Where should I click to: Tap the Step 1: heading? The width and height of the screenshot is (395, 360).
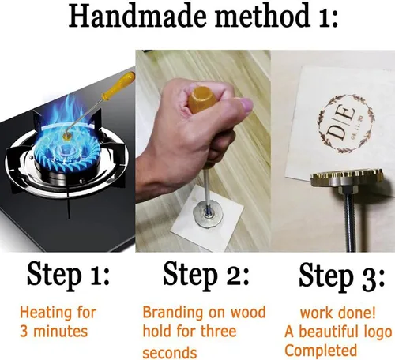tap(68, 276)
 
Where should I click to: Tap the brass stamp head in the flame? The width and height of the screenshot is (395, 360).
tap(68, 137)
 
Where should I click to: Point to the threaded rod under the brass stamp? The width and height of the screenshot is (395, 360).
tap(348, 219)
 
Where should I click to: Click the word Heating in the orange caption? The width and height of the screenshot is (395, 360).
tap(46, 313)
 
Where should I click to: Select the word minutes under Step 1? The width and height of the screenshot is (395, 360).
tap(61, 332)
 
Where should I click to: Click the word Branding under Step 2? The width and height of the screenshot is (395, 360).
tap(172, 313)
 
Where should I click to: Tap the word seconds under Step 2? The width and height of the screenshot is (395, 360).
tap(170, 352)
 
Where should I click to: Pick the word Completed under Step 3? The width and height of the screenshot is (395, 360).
tap(321, 351)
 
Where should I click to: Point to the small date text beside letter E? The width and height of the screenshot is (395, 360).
tap(357, 127)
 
